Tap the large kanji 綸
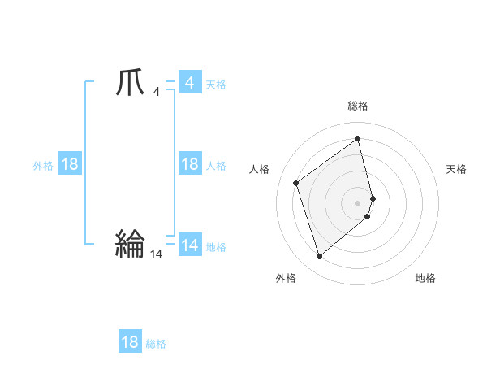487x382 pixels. point(131,244)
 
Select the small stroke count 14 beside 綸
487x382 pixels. point(156,254)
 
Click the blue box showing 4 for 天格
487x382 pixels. point(189,83)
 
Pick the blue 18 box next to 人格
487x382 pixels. point(189,164)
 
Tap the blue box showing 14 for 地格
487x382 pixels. point(189,245)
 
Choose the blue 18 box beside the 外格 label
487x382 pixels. point(70,164)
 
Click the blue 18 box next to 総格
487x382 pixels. point(130,342)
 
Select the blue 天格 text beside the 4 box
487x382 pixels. point(216,85)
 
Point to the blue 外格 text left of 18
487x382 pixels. point(43,166)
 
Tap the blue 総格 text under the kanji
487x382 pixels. point(156,344)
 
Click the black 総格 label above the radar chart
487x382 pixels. point(358,106)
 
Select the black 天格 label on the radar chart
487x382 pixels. point(457,169)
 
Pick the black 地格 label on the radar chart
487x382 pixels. point(425,278)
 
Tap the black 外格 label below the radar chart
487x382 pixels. point(286,278)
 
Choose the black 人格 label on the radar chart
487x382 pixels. point(259,169)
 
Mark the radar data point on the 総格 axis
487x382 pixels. point(358,139)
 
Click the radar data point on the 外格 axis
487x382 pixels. point(319,257)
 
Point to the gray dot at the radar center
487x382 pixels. point(358,202)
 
